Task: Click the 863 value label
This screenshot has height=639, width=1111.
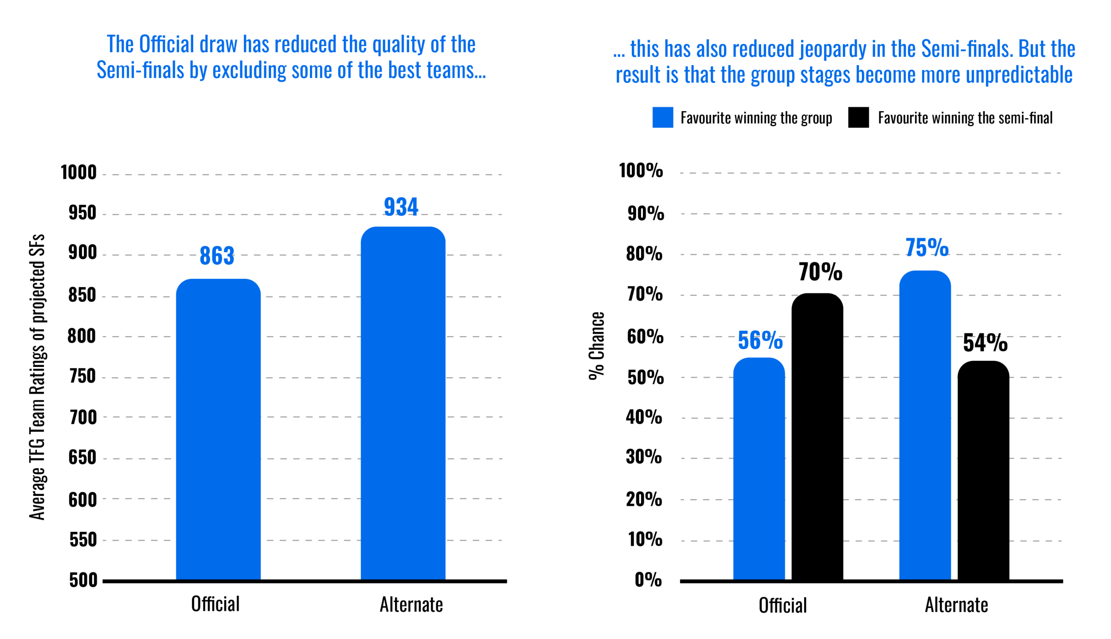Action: point(217,256)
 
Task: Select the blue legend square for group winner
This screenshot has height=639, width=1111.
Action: point(662,118)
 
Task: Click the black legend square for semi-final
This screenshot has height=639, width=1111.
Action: point(858,118)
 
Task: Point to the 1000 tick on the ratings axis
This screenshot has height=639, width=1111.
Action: point(79,173)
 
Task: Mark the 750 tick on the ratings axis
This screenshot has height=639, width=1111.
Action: point(82,377)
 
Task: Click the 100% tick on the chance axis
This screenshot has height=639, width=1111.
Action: point(641,171)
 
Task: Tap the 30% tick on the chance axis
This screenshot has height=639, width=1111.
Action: point(644,457)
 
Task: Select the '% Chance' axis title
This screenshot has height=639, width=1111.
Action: point(597,346)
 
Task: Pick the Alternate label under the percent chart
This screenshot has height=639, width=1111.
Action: point(957,605)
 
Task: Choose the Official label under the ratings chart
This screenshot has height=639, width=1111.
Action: point(216,604)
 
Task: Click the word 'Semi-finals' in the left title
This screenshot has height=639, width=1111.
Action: point(140,71)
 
